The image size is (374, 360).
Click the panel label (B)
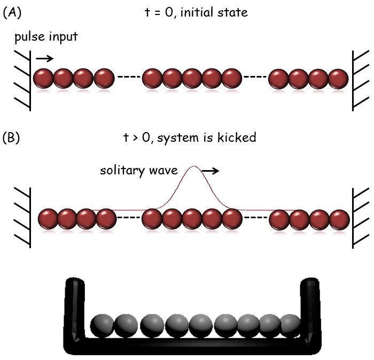pos(12,138)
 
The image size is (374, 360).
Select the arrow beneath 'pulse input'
pos(45,58)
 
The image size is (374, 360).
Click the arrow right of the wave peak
pos(211,171)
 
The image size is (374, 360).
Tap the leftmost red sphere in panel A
pos(43,79)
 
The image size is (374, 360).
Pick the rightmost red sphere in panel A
pos(338,79)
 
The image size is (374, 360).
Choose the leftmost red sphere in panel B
pos(49,219)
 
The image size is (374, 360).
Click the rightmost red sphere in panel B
pos(339,219)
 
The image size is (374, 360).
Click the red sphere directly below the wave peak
pos(192,219)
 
